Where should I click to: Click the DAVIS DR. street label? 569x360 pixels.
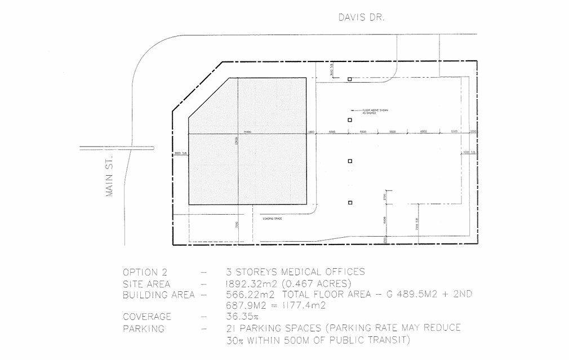click(x=361, y=17)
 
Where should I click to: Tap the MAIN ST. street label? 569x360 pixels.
click(x=110, y=176)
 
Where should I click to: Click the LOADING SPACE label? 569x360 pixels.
click(x=272, y=218)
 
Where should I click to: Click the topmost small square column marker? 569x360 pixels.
click(x=349, y=79)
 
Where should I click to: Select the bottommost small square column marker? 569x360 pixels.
click(x=349, y=202)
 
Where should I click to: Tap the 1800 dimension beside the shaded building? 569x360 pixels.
click(x=311, y=132)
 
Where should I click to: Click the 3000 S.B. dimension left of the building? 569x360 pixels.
click(x=180, y=153)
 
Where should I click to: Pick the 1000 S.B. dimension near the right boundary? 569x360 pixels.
click(x=470, y=152)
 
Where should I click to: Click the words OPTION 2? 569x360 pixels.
click(x=144, y=272)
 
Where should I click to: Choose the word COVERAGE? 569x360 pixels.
click(x=146, y=317)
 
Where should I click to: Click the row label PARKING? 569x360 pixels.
click(x=143, y=328)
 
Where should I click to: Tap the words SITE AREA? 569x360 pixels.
click(x=146, y=283)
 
